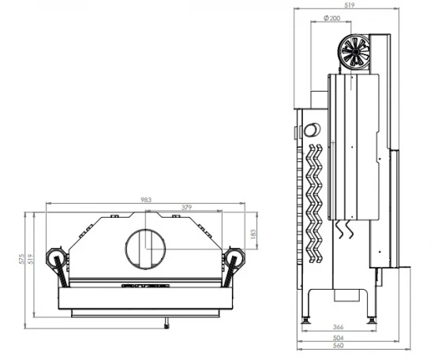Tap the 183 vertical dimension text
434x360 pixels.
[x=253, y=234]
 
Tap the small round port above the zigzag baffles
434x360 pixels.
[x=313, y=129]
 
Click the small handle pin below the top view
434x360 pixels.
[x=166, y=323]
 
